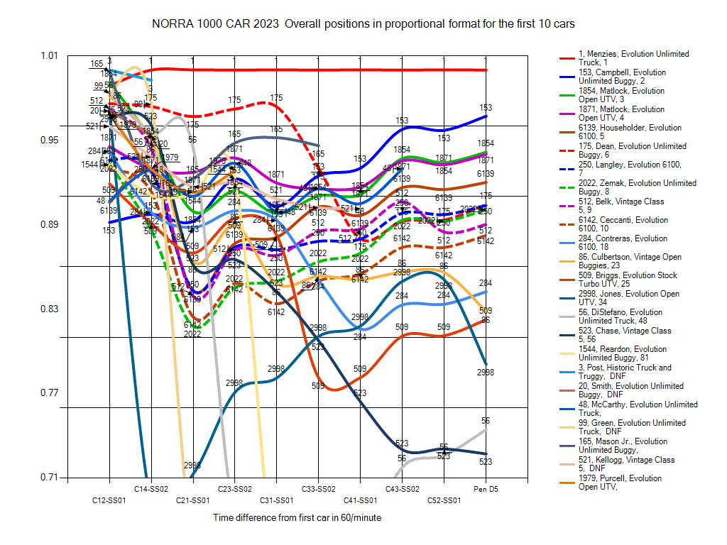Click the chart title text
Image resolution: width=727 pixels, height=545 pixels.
[363, 23]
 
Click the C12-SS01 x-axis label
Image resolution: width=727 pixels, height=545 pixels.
[109, 500]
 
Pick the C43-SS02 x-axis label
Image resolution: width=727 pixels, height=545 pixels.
[402, 489]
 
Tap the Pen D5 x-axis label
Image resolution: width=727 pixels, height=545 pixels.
[486, 489]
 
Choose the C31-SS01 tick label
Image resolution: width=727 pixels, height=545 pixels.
[276, 500]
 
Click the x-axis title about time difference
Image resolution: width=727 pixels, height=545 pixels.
[297, 518]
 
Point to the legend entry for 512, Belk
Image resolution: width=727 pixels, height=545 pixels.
[622, 206]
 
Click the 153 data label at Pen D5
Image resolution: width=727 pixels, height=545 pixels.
[486, 108]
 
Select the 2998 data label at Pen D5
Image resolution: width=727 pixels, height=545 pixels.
[486, 372]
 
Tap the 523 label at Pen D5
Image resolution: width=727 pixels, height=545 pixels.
[486, 461]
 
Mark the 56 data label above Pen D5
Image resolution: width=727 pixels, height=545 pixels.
[486, 421]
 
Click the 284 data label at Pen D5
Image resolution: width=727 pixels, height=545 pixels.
[486, 283]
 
